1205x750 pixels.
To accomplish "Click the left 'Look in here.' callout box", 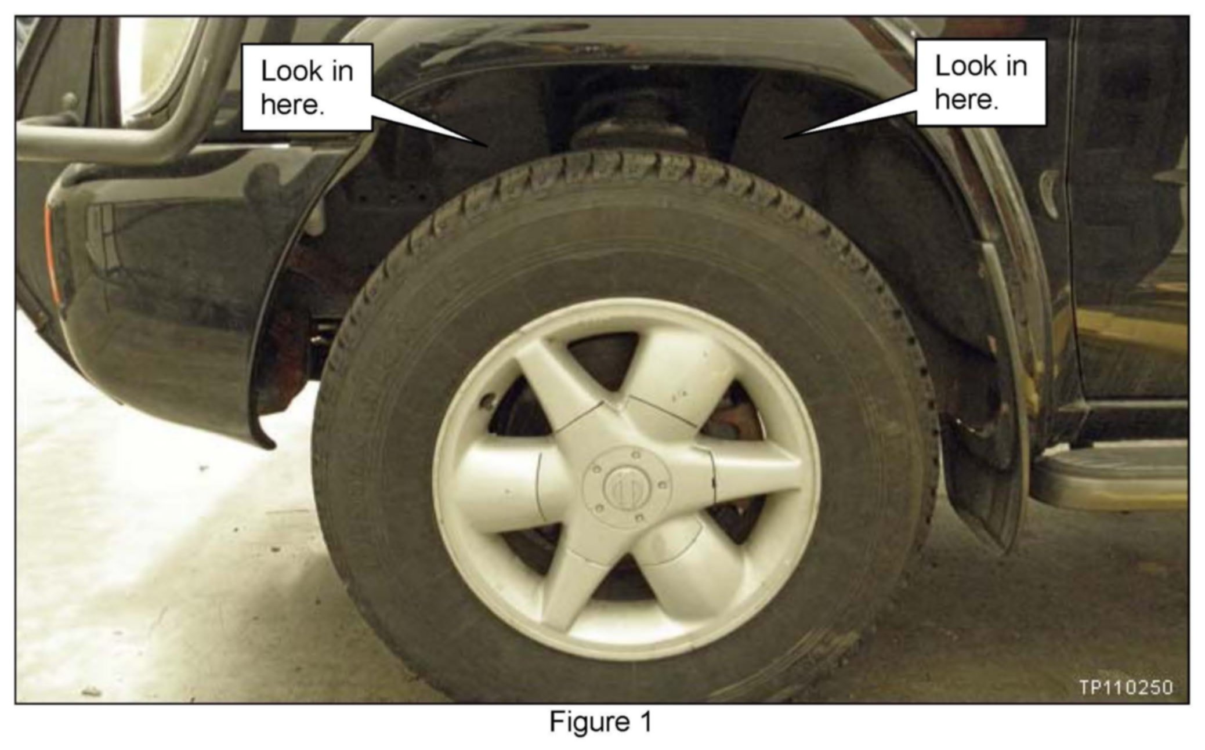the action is pos(306,87).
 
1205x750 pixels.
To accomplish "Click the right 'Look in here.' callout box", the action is pos(980,82).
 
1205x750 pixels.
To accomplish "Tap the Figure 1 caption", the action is pos(600,722).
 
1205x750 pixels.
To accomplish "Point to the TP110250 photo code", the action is pos(1126,687).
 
